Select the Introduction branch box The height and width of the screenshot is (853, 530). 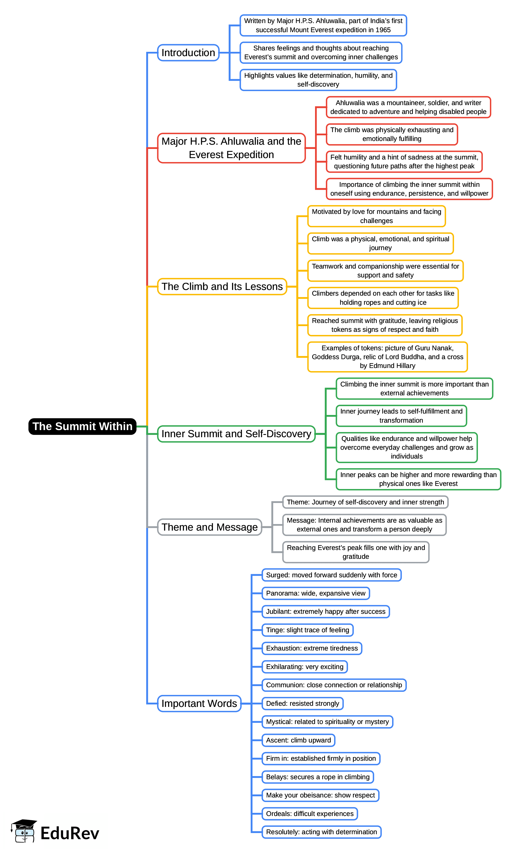point(188,53)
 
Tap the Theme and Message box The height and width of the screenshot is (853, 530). point(210,527)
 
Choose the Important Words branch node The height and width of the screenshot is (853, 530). point(199,703)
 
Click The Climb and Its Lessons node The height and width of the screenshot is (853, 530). point(222,287)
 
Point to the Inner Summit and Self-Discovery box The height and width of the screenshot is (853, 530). point(236,434)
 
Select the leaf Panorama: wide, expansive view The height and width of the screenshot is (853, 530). point(316,593)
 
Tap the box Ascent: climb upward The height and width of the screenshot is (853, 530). point(298,740)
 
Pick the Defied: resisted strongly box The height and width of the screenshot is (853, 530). point(303,703)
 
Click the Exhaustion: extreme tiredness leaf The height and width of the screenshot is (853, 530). point(312,648)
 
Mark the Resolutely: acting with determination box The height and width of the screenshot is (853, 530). point(321,832)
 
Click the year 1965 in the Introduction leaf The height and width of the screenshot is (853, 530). point(383,30)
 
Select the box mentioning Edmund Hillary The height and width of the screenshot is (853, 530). point(387,357)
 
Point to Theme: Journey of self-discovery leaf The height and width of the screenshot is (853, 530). point(365,502)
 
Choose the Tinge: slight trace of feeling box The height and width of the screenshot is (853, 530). point(307,630)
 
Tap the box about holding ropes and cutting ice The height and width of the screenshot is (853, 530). point(383,298)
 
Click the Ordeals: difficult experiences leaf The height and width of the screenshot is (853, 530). point(310,814)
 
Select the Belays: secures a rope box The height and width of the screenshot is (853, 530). point(318,777)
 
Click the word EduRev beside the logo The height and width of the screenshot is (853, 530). point(70,833)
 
